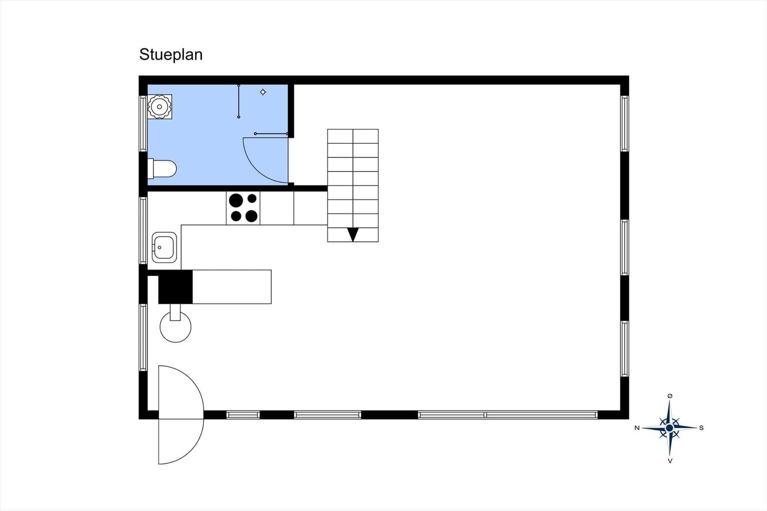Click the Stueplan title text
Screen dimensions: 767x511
[171, 55]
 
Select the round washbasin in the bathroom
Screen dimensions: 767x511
[160, 107]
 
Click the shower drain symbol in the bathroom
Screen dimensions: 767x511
[263, 92]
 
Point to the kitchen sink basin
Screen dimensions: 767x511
[164, 247]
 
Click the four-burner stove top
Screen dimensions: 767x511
[243, 208]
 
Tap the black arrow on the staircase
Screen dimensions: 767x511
[353, 234]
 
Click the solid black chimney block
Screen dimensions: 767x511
[175, 287]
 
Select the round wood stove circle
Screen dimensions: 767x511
[175, 327]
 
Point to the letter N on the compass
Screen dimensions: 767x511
[637, 428]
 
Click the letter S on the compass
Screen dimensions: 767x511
[701, 428]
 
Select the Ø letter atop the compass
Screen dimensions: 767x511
[670, 396]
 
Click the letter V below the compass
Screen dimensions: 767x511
[670, 461]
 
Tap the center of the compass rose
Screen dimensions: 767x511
[669, 428]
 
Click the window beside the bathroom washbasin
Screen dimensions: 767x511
[143, 123]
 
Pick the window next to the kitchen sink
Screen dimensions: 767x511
[143, 231]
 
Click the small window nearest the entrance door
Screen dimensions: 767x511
[243, 415]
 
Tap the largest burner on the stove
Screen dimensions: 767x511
[236, 200]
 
